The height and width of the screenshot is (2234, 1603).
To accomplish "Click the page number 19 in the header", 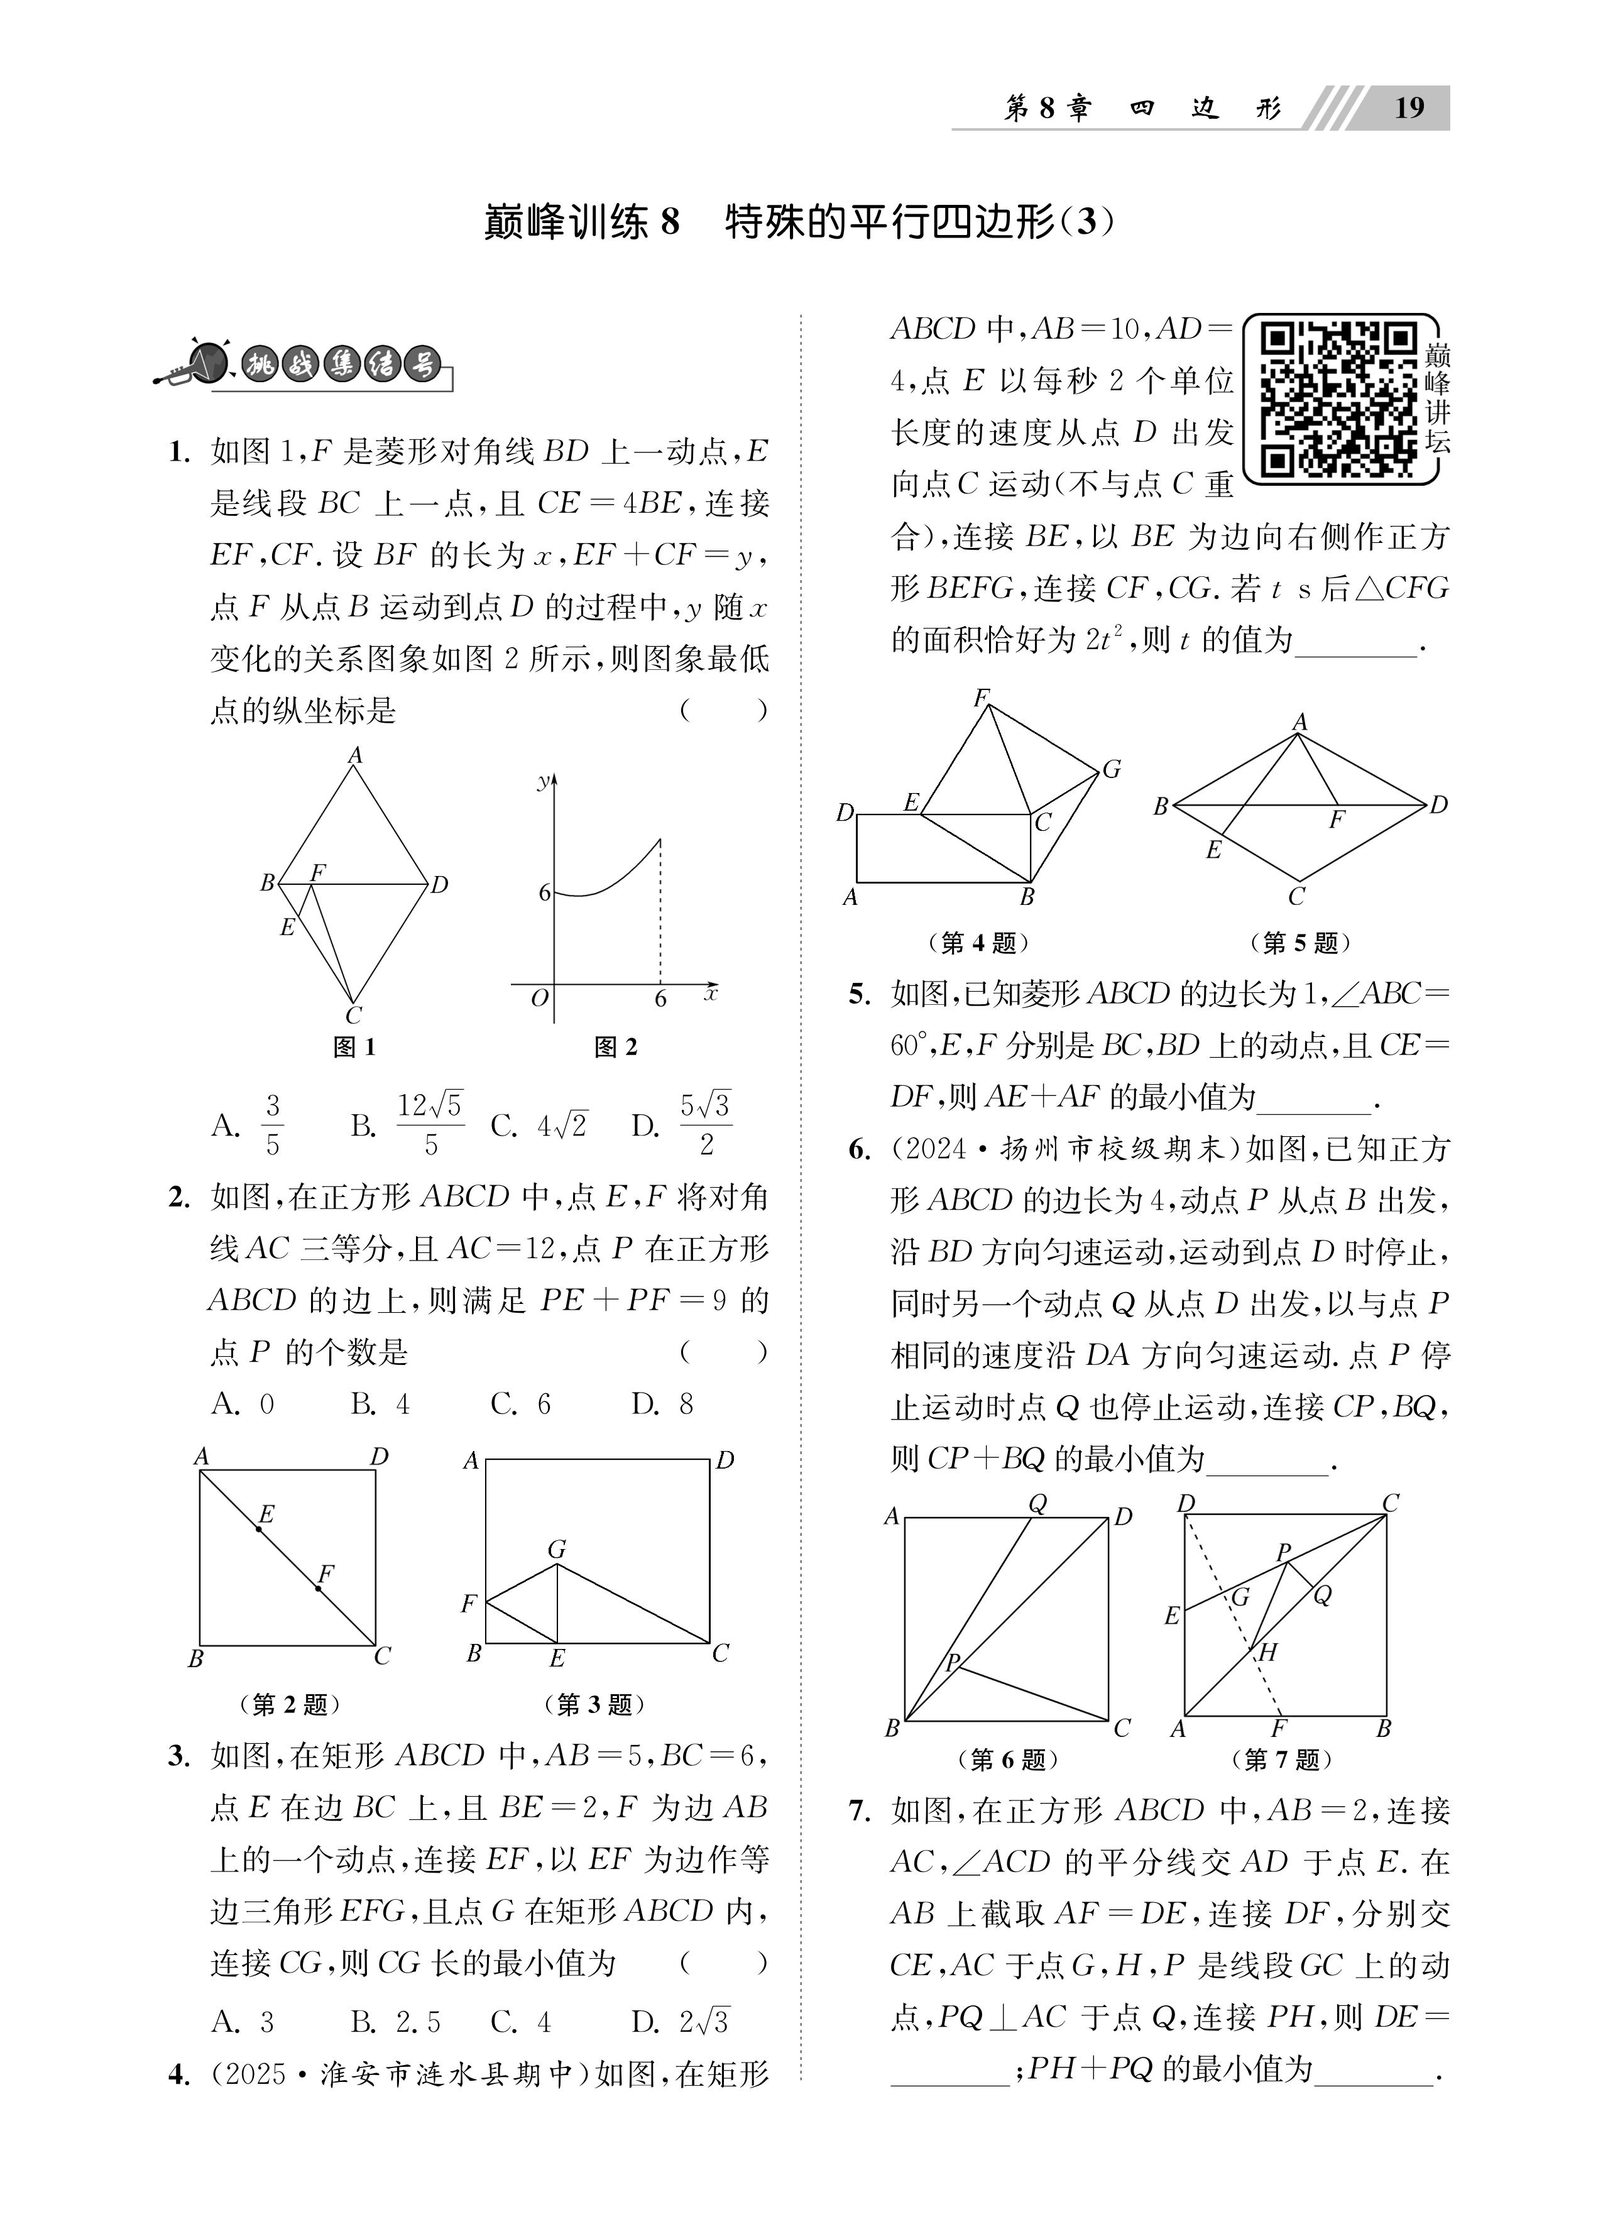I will (x=1409, y=107).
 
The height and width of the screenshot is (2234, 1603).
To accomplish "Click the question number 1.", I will (x=178, y=453).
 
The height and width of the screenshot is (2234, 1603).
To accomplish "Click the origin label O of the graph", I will (x=539, y=999).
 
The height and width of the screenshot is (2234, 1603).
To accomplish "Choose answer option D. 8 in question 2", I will (x=662, y=1404).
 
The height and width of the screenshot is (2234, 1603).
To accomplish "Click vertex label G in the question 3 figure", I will (x=557, y=1550).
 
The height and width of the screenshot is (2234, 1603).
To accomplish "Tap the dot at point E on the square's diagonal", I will (x=259, y=1529).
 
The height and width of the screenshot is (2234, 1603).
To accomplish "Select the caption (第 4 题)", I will (x=978, y=943).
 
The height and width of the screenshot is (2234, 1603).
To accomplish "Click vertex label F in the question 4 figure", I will (x=982, y=698).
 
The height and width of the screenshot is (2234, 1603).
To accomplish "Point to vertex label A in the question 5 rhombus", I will (x=1299, y=722).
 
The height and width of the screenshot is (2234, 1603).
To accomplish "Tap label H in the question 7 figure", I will (x=1268, y=1652).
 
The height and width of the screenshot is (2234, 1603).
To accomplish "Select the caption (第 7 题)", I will (x=1282, y=1758).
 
